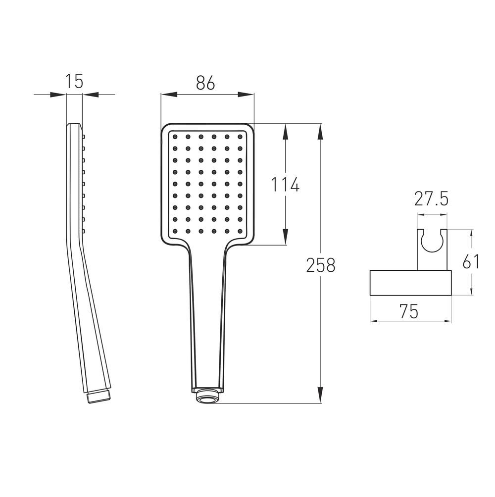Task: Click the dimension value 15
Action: point(74,81)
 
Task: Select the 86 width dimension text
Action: point(205,83)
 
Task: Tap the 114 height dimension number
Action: point(285,185)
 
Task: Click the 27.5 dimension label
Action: point(431,199)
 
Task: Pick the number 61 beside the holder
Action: point(471,261)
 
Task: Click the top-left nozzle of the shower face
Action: point(175,137)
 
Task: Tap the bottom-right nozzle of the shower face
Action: point(240,231)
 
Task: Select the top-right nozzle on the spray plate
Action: point(240,137)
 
